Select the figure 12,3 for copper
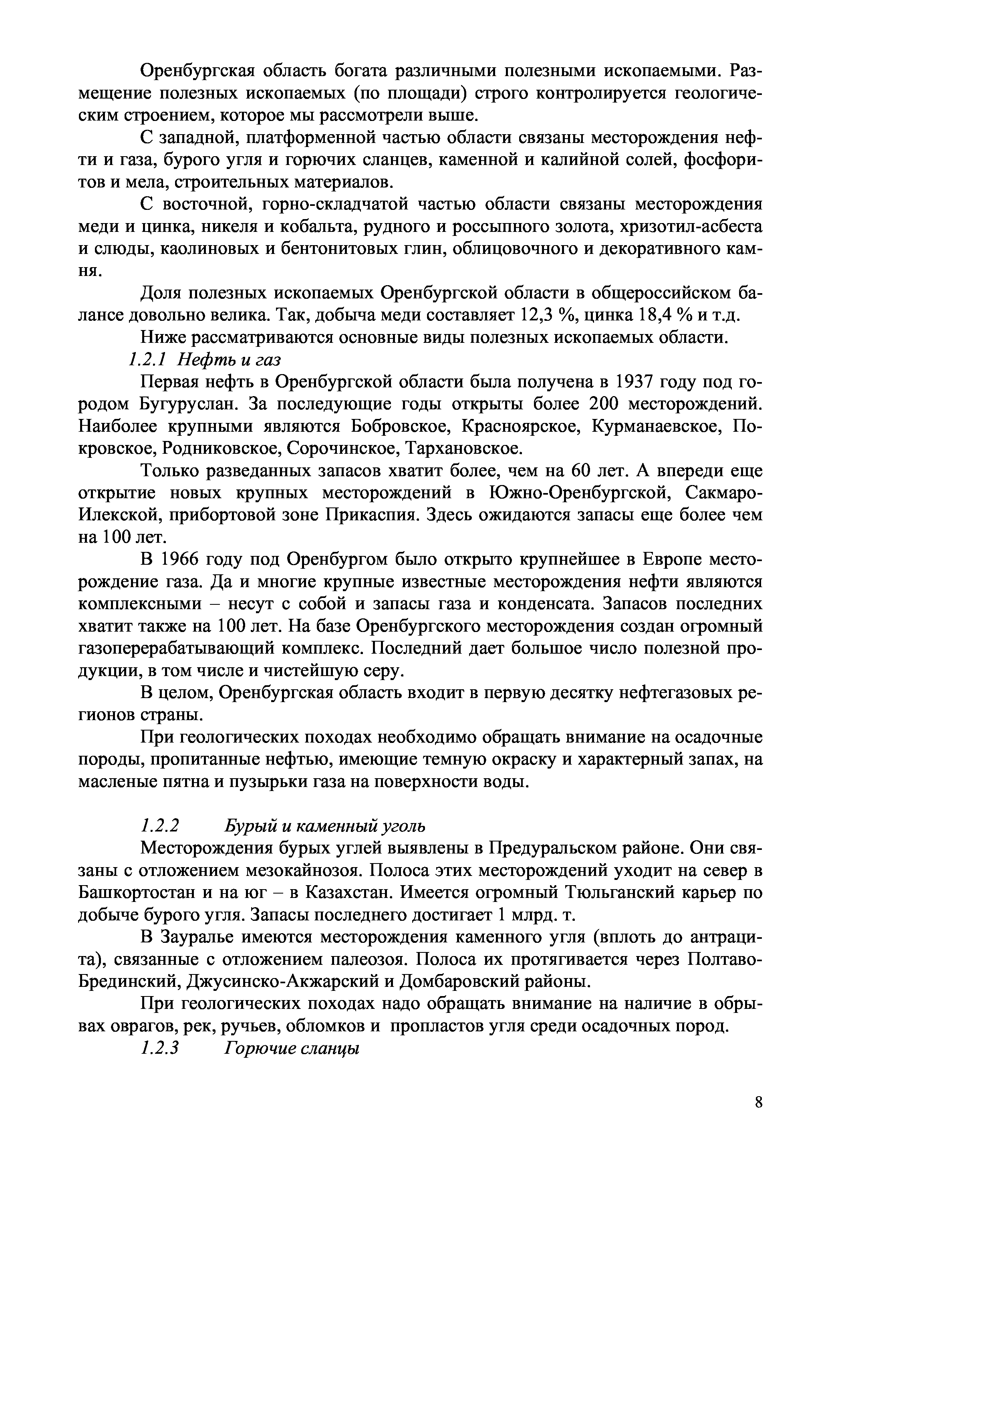pos(537,316)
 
